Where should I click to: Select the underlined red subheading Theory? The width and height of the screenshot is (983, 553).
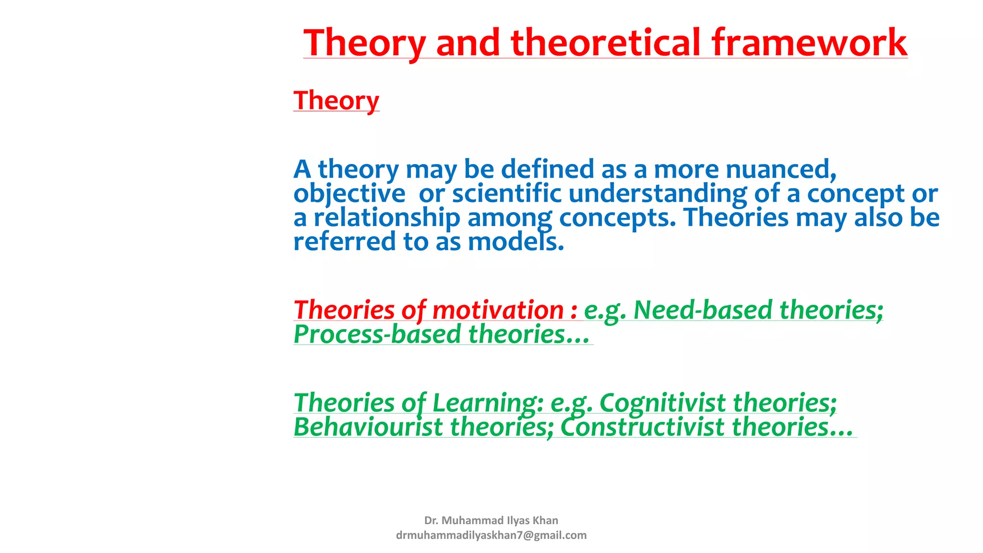336,100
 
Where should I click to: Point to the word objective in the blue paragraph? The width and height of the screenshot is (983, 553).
349,194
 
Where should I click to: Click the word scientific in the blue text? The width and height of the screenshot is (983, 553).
506,194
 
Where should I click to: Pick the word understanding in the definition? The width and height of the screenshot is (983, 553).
658,194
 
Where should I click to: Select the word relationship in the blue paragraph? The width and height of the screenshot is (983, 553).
387,217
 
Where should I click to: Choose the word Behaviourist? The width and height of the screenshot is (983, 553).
368,427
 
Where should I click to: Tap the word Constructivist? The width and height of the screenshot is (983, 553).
642,427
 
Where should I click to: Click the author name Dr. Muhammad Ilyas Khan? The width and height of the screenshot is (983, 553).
491,520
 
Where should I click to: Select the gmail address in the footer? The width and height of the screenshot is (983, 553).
491,535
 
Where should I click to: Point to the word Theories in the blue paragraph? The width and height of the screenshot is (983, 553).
736,217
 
